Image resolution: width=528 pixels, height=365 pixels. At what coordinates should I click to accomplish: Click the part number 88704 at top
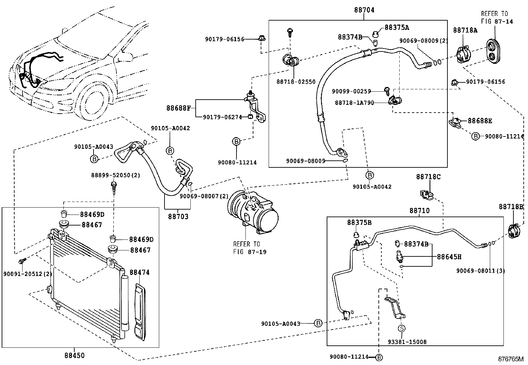(x=364, y=10)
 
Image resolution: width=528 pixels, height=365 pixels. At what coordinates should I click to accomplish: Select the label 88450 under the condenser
(x=75, y=355)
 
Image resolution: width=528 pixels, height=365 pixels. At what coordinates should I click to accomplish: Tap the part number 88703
(x=178, y=217)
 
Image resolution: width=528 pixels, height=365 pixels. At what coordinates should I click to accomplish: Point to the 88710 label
(x=420, y=210)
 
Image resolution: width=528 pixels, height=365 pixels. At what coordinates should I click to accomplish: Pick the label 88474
(x=140, y=272)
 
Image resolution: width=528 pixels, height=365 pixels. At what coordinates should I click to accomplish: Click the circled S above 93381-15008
(x=402, y=328)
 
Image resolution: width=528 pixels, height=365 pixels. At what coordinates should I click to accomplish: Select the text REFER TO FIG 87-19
(x=250, y=248)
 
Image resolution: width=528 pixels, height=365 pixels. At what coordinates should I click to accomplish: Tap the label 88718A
(x=465, y=30)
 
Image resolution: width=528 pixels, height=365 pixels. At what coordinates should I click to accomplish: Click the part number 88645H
(x=449, y=257)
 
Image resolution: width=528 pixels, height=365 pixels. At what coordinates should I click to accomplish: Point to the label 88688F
(x=178, y=108)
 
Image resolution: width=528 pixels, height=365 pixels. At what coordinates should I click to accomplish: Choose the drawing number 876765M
(x=510, y=359)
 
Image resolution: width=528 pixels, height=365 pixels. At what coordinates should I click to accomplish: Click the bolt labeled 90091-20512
(x=22, y=261)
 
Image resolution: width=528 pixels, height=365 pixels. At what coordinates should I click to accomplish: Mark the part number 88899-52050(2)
(x=115, y=175)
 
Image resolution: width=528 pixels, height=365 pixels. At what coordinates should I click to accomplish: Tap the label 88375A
(x=397, y=28)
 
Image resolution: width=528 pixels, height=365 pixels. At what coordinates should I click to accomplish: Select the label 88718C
(x=428, y=177)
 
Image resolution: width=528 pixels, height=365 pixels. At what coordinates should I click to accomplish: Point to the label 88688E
(x=480, y=121)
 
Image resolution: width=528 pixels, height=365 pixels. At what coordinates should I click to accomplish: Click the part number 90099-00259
(x=352, y=91)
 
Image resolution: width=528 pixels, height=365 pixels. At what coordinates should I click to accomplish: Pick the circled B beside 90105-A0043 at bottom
(x=318, y=323)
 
